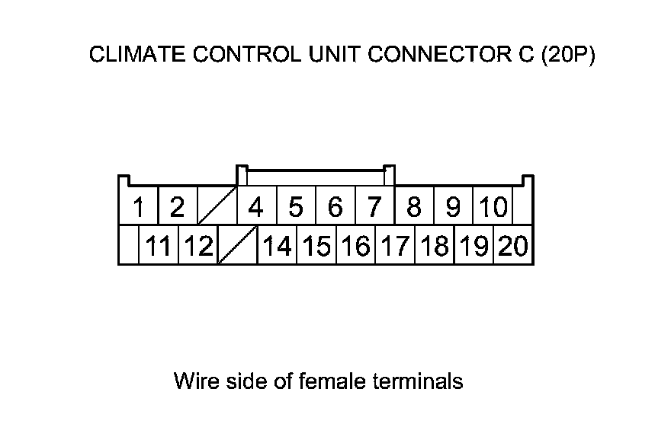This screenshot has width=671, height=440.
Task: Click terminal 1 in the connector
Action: coord(139,206)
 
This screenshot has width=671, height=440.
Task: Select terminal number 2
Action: coord(177,206)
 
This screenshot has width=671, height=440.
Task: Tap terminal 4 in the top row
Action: coord(256,206)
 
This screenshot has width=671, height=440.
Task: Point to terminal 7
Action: coord(374,206)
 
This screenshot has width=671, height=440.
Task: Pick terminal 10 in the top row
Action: coord(493,206)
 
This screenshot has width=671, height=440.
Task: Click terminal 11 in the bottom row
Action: coord(159,246)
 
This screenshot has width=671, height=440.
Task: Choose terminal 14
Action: coord(277,246)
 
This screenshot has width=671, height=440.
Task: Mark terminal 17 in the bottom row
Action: coord(395,246)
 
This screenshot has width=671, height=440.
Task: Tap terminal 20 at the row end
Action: coord(513,246)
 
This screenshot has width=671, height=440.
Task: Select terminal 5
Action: coord(296,206)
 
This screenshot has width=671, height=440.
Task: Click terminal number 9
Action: coord(454,206)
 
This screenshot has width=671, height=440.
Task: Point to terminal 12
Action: coord(197,246)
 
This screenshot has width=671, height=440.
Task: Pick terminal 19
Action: coord(474,246)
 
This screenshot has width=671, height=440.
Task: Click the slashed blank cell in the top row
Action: coord(217,206)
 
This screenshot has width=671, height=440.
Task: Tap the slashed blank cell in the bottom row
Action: coord(237,246)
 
